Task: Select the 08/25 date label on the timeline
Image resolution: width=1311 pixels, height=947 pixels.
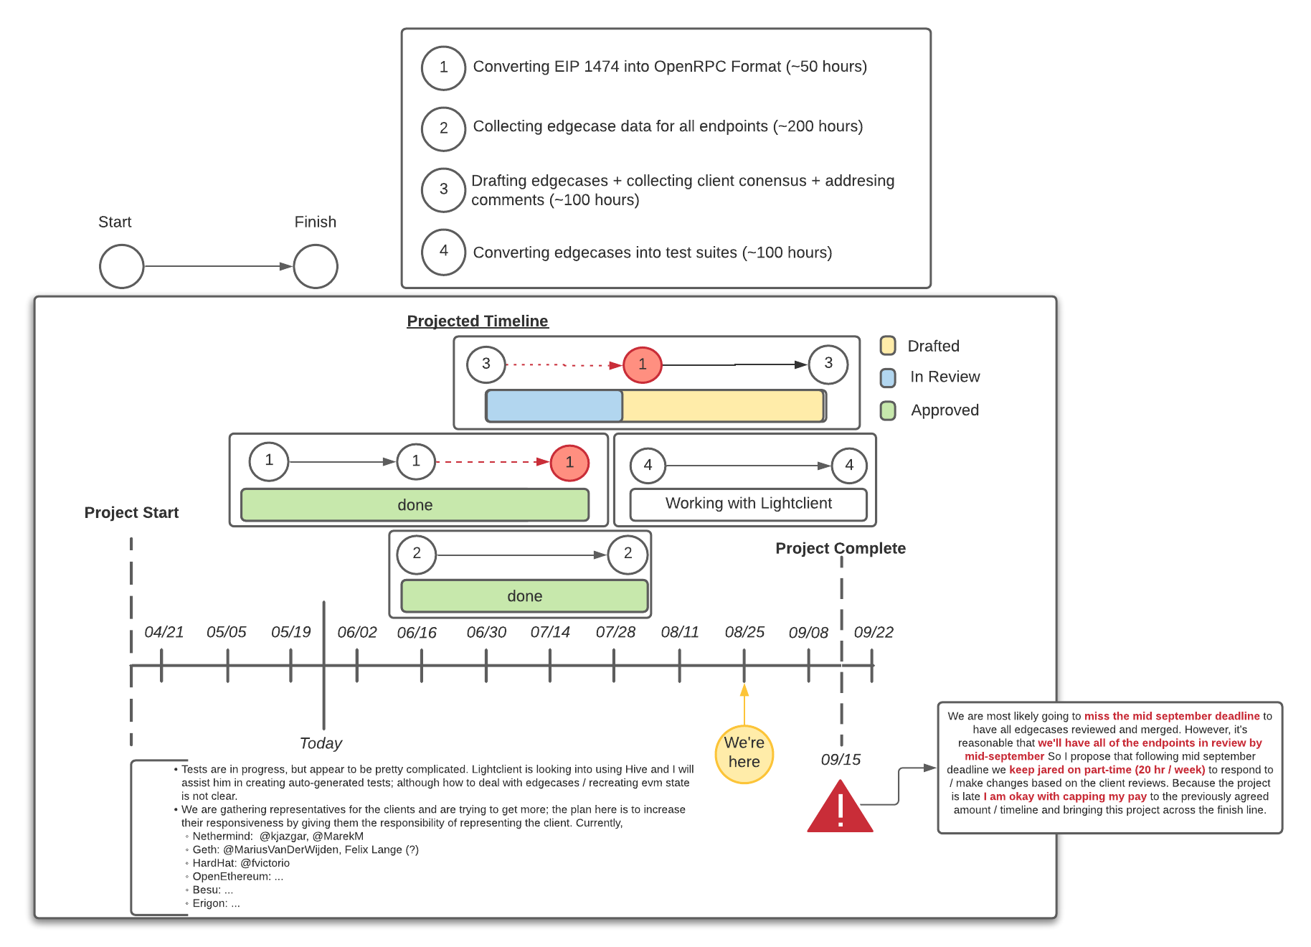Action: click(x=744, y=632)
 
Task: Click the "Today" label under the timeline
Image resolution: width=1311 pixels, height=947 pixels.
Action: click(x=321, y=743)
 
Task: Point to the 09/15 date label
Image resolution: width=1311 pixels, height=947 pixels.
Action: click(x=841, y=760)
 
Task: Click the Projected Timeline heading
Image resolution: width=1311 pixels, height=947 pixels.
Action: click(x=477, y=321)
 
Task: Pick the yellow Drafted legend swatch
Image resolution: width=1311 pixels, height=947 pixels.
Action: click(x=888, y=346)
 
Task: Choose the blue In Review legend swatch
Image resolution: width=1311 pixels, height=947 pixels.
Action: click(x=888, y=377)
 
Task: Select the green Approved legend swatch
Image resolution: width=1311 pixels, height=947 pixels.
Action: click(x=888, y=410)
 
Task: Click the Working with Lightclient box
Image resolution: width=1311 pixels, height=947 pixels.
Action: click(x=748, y=504)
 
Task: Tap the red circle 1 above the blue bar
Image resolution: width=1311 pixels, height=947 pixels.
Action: click(x=642, y=364)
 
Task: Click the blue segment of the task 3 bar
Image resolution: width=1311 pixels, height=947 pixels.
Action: click(x=554, y=406)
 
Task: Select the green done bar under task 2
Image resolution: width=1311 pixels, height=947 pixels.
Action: click(x=524, y=596)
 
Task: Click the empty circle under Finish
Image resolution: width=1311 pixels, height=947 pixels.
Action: click(x=316, y=266)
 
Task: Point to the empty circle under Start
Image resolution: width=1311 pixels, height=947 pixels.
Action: click(x=122, y=266)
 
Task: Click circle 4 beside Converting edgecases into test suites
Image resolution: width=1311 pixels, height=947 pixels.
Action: click(x=443, y=252)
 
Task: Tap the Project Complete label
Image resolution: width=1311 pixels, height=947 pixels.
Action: click(x=840, y=548)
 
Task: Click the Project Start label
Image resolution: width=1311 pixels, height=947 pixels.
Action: click(x=131, y=513)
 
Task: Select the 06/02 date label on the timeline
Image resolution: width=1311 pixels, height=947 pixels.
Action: click(x=356, y=632)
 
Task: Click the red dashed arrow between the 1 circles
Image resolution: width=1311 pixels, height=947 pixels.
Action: click(x=491, y=462)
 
